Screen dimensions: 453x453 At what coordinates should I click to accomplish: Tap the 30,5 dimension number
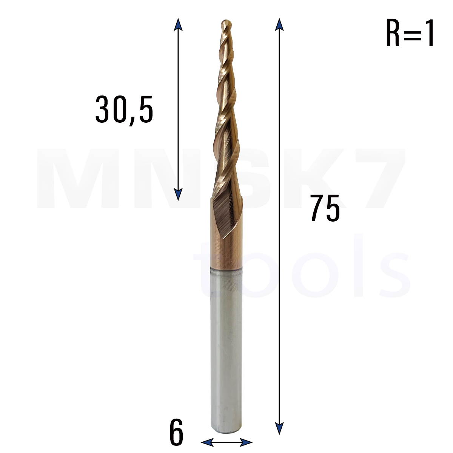[124, 110]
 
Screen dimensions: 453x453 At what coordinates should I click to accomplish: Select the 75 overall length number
[325, 208]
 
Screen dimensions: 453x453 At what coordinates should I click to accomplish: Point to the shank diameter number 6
[176, 432]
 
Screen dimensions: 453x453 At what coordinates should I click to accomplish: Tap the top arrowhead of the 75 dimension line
[279, 25]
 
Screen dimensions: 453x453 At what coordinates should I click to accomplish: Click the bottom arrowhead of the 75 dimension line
[279, 429]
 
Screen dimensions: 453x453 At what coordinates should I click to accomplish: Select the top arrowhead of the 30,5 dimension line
[178, 25]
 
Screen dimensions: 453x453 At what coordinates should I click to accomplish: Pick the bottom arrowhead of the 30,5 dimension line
[178, 194]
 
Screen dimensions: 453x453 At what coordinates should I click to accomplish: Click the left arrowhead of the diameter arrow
[208, 442]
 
